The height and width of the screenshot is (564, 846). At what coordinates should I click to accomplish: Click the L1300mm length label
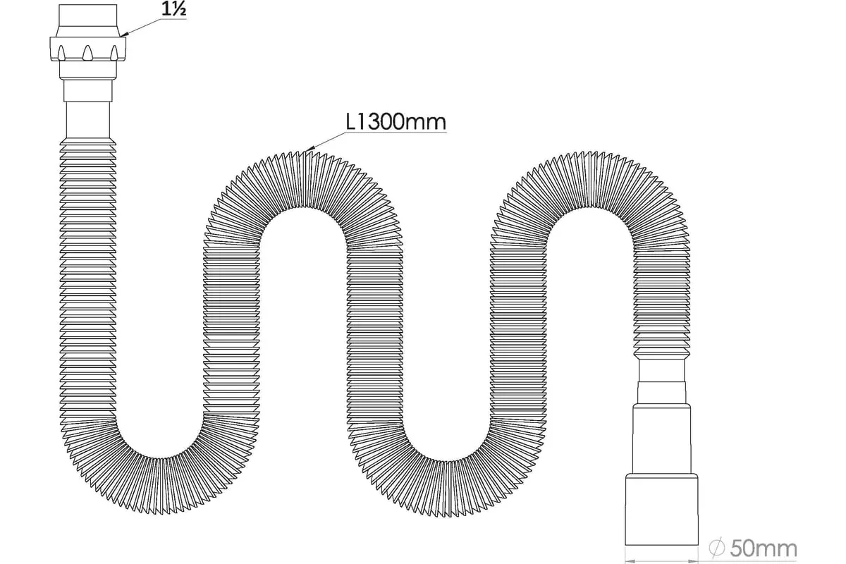[396, 122]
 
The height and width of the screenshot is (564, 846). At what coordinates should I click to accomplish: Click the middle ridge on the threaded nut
[87, 53]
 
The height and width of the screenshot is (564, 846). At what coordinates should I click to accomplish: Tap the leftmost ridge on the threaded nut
[62, 53]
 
